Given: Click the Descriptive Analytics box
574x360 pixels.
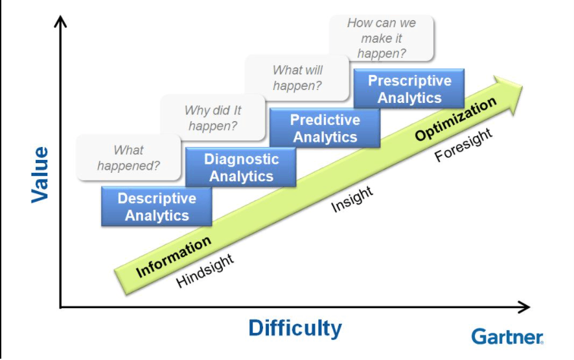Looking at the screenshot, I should pyautogui.click(x=157, y=207).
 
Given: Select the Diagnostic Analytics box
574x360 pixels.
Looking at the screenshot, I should pyautogui.click(x=241, y=167).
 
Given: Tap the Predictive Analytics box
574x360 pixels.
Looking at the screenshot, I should pyautogui.click(x=325, y=128).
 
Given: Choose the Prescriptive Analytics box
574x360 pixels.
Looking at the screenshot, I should pyautogui.click(x=409, y=89).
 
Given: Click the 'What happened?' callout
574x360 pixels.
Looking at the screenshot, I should pyautogui.click(x=128, y=157).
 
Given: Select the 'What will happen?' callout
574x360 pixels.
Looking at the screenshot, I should pyautogui.click(x=297, y=78).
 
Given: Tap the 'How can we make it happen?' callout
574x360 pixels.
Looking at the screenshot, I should pyautogui.click(x=382, y=38).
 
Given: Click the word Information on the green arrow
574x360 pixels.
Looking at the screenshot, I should pyautogui.click(x=174, y=258).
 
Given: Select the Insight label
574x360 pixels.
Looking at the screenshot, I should pyautogui.click(x=352, y=199).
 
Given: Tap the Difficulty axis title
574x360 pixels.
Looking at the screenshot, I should pyautogui.click(x=295, y=328).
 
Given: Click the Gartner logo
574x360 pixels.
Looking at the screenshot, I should pyautogui.click(x=507, y=337).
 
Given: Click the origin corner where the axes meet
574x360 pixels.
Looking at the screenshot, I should pyautogui.click(x=61, y=307).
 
